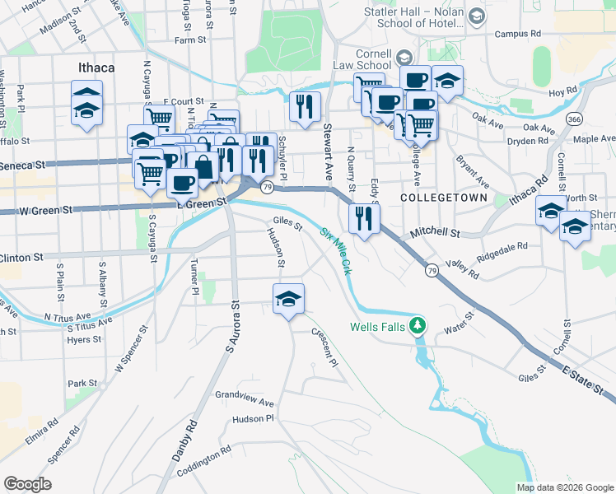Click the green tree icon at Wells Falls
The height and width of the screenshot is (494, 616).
418,325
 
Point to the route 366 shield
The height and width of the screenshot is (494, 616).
575,119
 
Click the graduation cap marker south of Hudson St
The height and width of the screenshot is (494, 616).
288,300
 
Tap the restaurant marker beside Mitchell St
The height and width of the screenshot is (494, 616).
363,218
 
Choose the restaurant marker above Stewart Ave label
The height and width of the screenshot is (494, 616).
306,106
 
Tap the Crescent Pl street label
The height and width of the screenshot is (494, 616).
324,347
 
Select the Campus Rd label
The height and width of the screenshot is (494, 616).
517,35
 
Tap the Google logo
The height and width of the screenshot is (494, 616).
27,484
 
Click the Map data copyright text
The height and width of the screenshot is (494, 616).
564,487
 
